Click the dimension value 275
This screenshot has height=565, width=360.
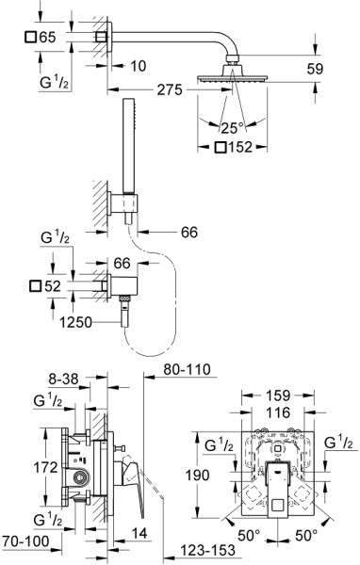tap(170, 89)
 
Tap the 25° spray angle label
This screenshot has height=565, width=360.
tap(233, 128)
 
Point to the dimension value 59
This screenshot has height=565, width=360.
tap(315, 69)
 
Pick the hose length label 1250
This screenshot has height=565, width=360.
tap(75, 322)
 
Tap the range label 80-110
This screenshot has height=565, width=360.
tap(187, 369)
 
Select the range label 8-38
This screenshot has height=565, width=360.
tap(63, 379)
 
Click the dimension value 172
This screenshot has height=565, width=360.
tap(45, 468)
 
